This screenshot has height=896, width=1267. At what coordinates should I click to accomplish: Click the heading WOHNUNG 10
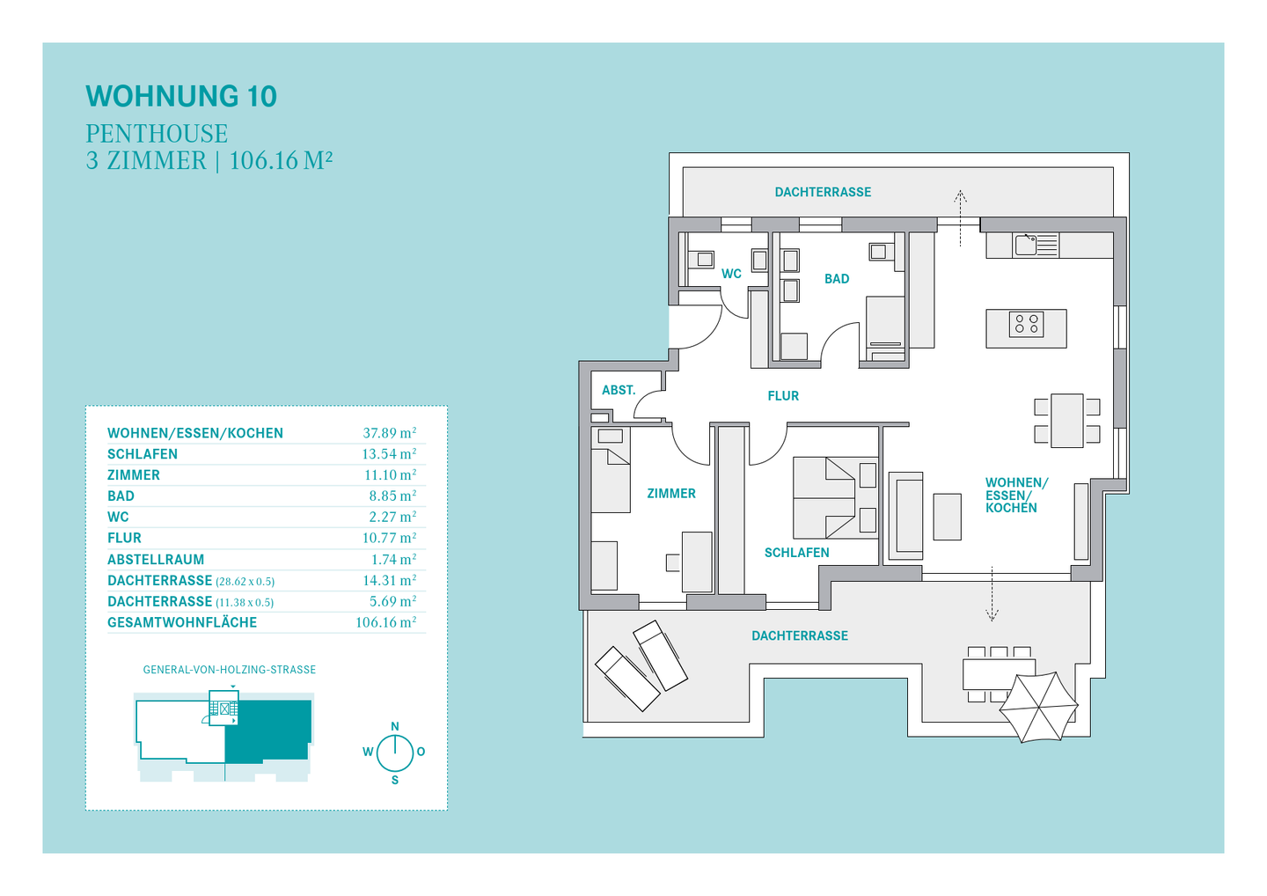181,96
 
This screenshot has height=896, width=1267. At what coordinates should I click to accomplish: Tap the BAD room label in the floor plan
837,279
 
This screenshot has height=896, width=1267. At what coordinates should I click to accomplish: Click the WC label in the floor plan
731,274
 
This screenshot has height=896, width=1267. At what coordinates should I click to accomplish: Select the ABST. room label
619,390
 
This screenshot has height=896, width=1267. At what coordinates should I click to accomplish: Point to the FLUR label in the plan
783,396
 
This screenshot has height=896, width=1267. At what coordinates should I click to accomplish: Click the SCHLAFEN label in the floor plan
796,553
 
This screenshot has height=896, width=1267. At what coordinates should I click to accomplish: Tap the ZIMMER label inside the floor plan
671,494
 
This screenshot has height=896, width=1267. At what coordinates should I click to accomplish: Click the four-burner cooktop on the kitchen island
1026,324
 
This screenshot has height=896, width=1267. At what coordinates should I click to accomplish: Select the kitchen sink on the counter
1026,244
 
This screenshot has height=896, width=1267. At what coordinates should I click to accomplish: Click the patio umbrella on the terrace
1039,707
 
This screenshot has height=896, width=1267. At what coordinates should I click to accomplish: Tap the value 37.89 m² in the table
389,433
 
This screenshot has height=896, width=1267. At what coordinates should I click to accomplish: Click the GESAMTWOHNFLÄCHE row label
182,622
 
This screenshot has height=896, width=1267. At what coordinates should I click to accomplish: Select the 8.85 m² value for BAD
392,496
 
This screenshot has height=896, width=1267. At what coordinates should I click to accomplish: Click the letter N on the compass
395,726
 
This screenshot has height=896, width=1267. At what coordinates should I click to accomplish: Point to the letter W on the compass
368,752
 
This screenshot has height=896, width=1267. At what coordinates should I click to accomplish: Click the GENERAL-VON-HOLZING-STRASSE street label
229,670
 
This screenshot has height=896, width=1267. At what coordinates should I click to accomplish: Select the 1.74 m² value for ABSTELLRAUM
393,560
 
